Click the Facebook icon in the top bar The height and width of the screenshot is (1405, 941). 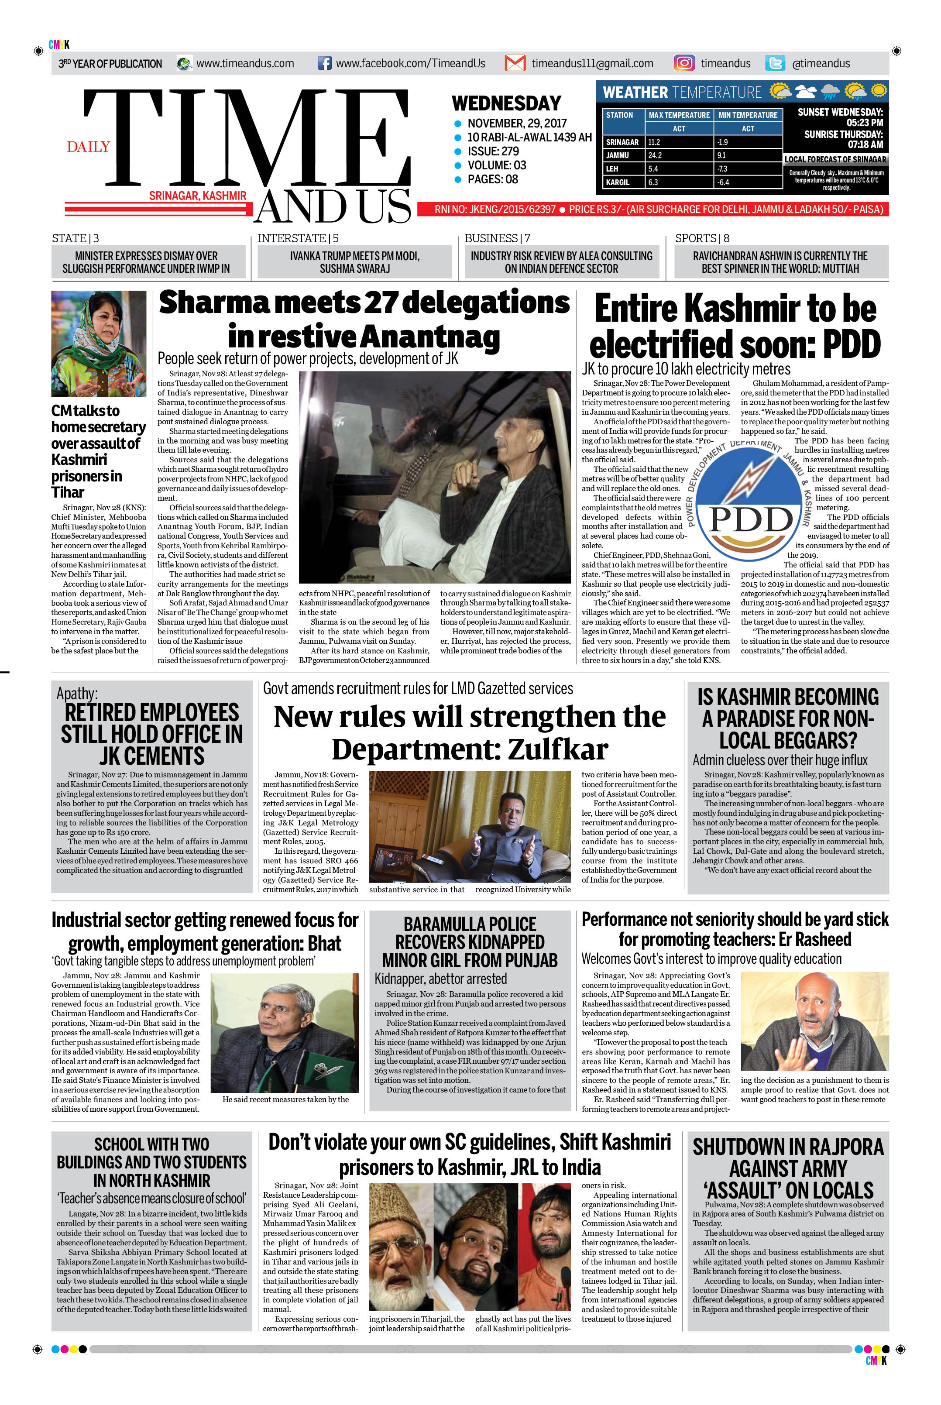pos(324,63)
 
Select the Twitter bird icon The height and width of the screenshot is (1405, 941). pos(775,63)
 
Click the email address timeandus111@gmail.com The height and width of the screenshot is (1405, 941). pos(592,63)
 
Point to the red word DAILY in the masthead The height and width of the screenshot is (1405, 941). pos(88,147)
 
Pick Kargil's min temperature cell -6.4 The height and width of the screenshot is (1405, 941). pos(723,182)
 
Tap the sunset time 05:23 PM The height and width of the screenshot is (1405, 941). pos(864,123)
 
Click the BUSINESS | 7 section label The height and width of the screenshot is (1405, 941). pos(497,238)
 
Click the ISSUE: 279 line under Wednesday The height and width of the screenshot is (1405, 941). pos(493,151)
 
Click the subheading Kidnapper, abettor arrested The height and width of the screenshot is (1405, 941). pos(440,979)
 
